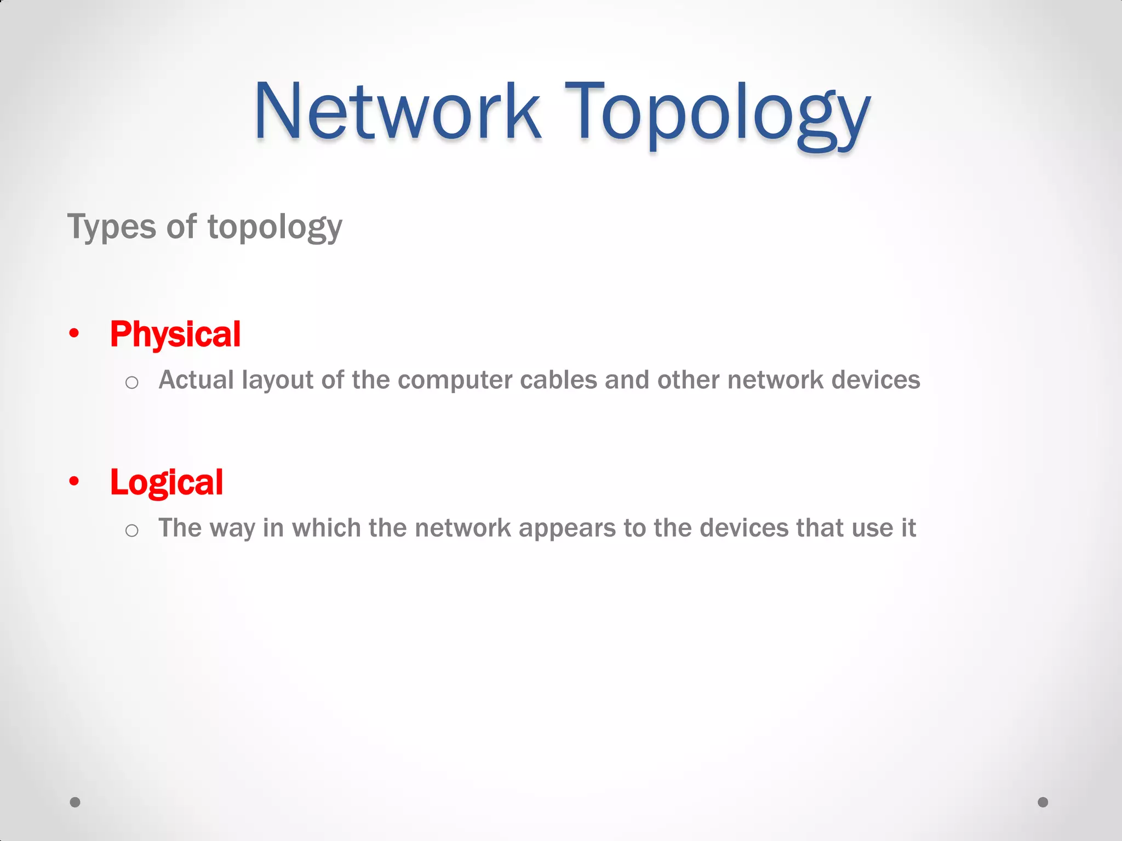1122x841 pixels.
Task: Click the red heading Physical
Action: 175,334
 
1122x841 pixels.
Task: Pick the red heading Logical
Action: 167,482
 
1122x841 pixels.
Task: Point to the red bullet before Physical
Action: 75,333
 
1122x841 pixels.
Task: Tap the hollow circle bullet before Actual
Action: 131,382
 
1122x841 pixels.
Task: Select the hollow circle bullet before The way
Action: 131,530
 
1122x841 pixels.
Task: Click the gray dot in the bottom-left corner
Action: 75,802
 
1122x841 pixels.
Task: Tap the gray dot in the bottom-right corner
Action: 1043,802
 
